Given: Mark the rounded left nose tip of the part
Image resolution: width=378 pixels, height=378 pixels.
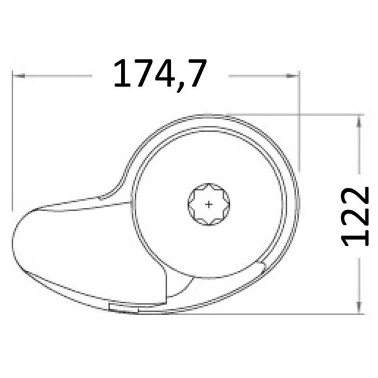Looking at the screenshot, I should point(14,243).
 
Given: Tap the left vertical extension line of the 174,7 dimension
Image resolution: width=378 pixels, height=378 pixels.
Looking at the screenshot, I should point(13,145).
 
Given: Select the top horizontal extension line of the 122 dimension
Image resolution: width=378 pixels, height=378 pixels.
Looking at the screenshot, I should point(296,114).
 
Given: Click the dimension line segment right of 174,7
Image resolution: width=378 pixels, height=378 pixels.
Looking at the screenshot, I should point(261,76).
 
